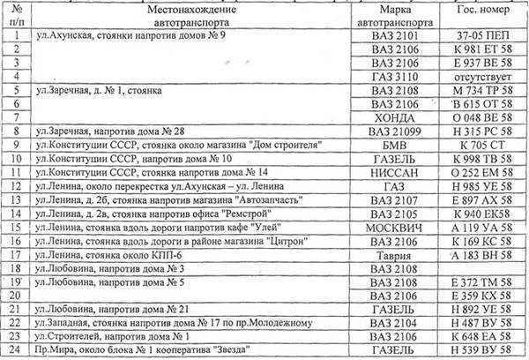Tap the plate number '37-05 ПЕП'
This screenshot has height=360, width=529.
[479, 37]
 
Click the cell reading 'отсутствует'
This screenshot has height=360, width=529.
[479, 79]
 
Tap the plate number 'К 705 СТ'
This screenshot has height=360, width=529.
[479, 149]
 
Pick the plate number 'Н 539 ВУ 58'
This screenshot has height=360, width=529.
[479, 353]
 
